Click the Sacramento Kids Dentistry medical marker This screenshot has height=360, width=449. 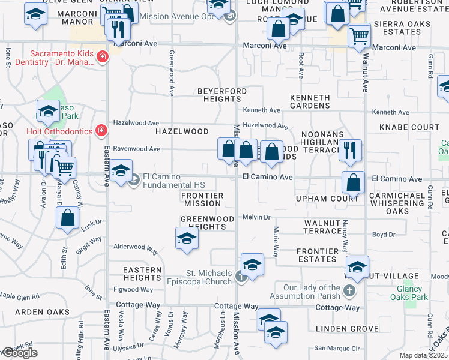pyautogui.click(x=103, y=57)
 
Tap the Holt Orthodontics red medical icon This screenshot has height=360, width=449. pyautogui.click(x=101, y=130)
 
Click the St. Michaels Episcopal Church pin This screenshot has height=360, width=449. pyautogui.click(x=240, y=277)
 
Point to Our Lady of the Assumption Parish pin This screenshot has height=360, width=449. pyautogui.click(x=350, y=291)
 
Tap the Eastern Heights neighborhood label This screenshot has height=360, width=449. pyautogui.click(x=142, y=274)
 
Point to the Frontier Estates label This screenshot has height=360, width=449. pyautogui.click(x=316, y=255)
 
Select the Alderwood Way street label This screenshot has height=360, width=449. pyautogui.click(x=136, y=247)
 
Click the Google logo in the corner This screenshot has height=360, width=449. pyautogui.click(x=20, y=353)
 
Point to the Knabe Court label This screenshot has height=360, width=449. pyautogui.click(x=409, y=127)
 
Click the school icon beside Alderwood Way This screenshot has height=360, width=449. pyautogui.click(x=187, y=238)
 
